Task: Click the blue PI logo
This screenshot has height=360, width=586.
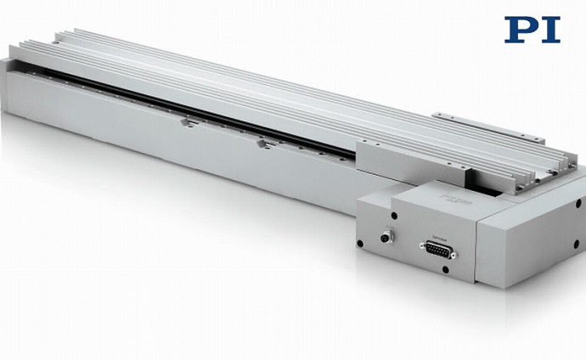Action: pos(532,30)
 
